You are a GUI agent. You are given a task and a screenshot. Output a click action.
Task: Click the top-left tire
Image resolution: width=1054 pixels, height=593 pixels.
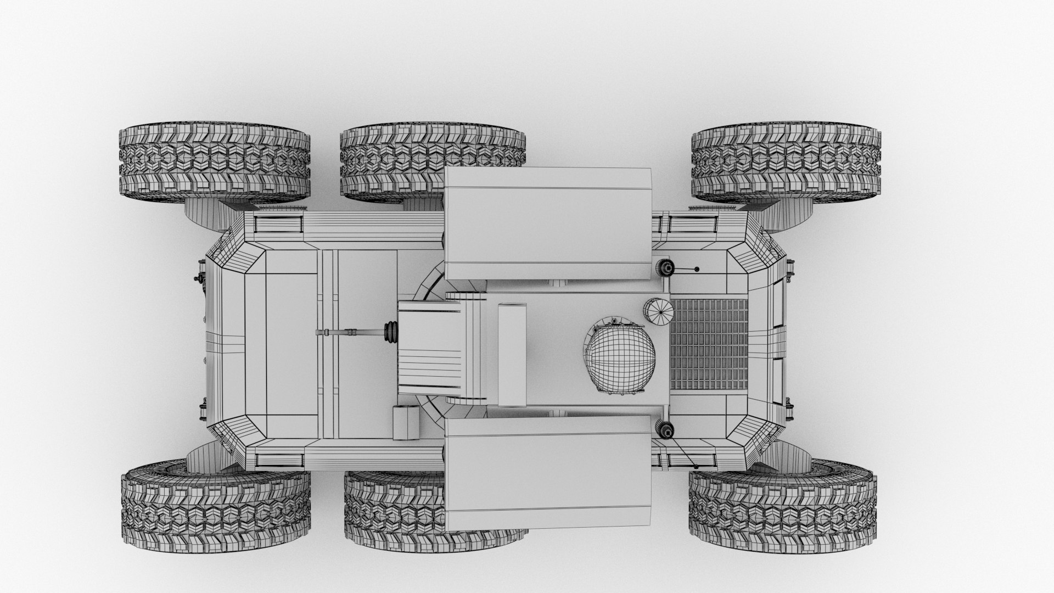point(214,164)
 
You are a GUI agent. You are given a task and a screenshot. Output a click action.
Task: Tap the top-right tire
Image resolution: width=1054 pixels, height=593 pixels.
point(786,164)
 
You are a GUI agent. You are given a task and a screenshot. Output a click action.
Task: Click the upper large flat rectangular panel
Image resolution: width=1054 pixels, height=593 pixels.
point(547,223)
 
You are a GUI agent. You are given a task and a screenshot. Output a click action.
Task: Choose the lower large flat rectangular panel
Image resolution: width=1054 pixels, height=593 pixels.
point(547,473)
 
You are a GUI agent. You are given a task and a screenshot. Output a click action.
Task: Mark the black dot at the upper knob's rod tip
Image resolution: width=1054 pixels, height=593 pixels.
point(697,269)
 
